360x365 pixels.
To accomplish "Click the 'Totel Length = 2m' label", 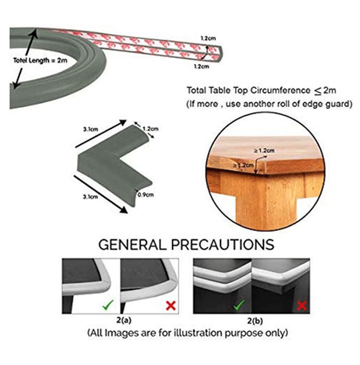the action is click(x=40, y=60).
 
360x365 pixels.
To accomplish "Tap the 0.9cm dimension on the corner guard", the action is click(x=146, y=194).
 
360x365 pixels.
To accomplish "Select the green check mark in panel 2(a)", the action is click(x=108, y=305).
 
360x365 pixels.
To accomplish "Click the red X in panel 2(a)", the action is click(x=171, y=306).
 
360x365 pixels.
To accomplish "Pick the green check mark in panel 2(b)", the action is click(x=239, y=305).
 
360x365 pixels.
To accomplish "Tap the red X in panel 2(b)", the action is click(x=302, y=306).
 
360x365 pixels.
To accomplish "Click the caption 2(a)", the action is click(x=124, y=321).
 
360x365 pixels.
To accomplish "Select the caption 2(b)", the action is click(x=255, y=321).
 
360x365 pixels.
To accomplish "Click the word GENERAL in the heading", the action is click(x=133, y=245).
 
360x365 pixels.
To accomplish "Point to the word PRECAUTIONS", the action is click(x=223, y=245).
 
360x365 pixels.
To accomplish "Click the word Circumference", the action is click(x=280, y=91).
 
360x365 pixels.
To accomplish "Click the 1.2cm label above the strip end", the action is click(x=208, y=38).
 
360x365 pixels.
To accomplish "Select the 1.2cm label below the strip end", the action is click(x=202, y=67).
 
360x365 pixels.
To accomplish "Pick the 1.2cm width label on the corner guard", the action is click(x=150, y=129).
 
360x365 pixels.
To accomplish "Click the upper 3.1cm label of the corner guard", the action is click(x=91, y=129).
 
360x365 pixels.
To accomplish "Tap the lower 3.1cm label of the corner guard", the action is click(x=91, y=197).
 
